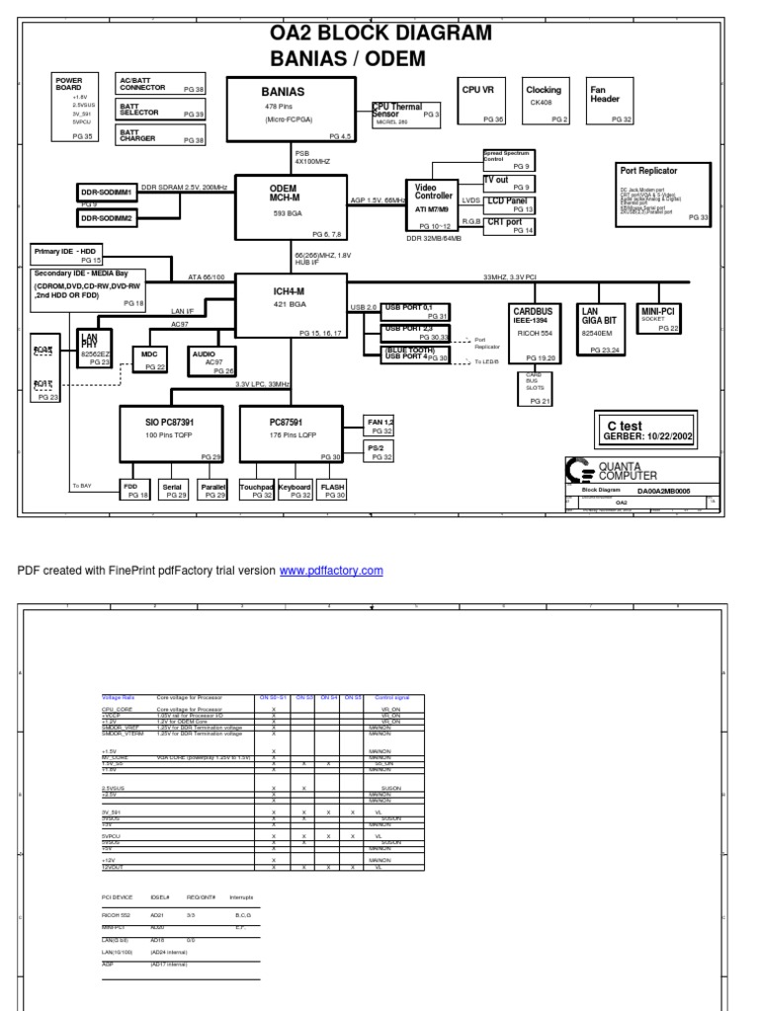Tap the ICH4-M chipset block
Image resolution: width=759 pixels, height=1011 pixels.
click(x=290, y=306)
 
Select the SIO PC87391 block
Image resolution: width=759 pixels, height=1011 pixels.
click(x=172, y=432)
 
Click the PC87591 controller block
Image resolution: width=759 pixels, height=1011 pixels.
click(x=292, y=432)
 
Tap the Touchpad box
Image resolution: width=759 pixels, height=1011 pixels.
click(x=256, y=491)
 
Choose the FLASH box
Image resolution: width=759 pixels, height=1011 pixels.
click(x=332, y=491)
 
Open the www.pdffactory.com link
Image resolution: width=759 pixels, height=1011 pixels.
click(x=330, y=571)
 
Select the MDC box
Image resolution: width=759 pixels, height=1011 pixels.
click(x=149, y=359)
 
